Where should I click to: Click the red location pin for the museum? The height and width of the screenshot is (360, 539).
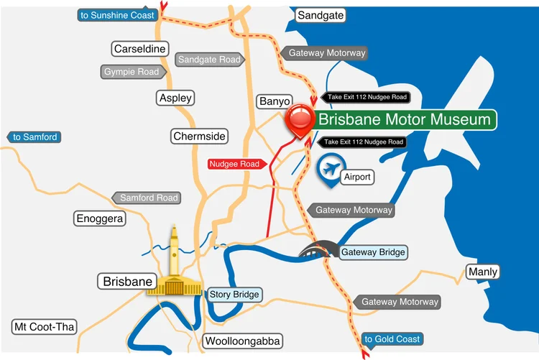pyautogui.click(x=299, y=120)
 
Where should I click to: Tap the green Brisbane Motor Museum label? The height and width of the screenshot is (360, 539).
pyautogui.click(x=405, y=119)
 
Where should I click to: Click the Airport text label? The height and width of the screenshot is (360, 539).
pyautogui.click(x=358, y=176)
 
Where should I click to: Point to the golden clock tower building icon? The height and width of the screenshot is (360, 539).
pyautogui.click(x=173, y=265)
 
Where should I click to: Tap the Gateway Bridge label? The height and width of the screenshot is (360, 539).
pyautogui.click(x=373, y=252)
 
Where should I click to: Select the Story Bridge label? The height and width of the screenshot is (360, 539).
pyautogui.click(x=234, y=294)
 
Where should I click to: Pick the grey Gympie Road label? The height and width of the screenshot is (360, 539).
pyautogui.click(x=132, y=72)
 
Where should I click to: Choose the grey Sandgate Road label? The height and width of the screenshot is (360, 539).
pyautogui.click(x=208, y=60)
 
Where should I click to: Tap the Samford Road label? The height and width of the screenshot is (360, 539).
pyautogui.click(x=147, y=198)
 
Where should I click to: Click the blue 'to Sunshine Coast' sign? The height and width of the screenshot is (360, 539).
pyautogui.click(x=116, y=15)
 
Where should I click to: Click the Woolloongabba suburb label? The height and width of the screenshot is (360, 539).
pyautogui.click(x=242, y=341)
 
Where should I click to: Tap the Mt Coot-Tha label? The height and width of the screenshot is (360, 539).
pyautogui.click(x=45, y=327)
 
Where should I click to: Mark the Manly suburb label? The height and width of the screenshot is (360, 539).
pyautogui.click(x=482, y=272)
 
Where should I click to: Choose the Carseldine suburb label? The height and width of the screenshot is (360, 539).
pyautogui.click(x=140, y=49)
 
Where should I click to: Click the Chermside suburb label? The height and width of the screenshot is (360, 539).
pyautogui.click(x=199, y=136)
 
